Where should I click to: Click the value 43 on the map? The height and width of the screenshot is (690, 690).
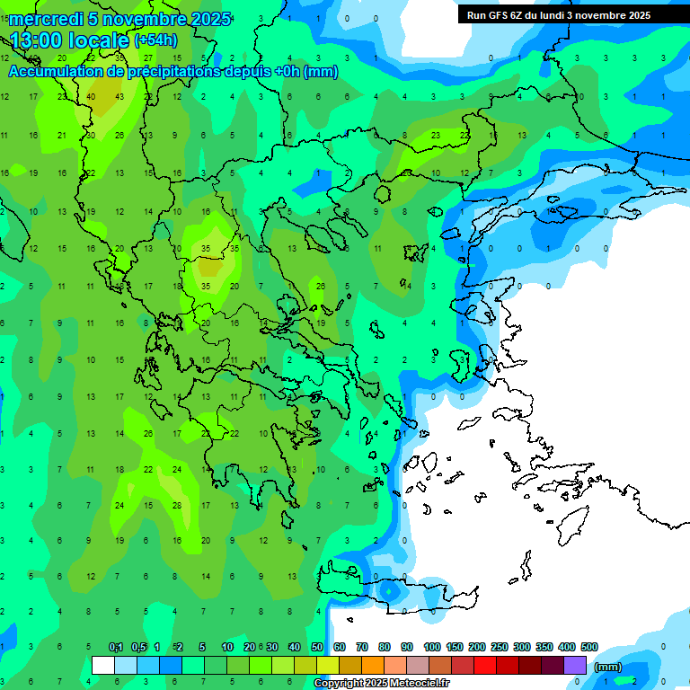click(x=119, y=97)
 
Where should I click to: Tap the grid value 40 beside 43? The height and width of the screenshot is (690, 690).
click(x=92, y=97)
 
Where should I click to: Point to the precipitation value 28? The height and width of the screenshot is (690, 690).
click(x=177, y=505)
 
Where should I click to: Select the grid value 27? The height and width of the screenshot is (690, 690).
click(x=148, y=57)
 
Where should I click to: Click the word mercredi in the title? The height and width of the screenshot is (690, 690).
click(x=46, y=19)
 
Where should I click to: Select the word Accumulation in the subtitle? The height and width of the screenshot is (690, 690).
click(x=54, y=71)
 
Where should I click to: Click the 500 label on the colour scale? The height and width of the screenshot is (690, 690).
click(x=589, y=648)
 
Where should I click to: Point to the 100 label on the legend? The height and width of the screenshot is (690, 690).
click(x=432, y=648)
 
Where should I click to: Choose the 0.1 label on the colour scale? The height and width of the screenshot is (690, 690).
click(x=116, y=648)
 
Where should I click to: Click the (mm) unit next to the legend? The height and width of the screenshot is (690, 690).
click(x=608, y=667)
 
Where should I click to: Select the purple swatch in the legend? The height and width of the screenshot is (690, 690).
click(x=575, y=666)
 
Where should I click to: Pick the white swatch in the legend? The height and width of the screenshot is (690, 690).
click(x=103, y=666)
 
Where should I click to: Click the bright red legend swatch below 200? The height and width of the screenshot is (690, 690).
click(x=485, y=666)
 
